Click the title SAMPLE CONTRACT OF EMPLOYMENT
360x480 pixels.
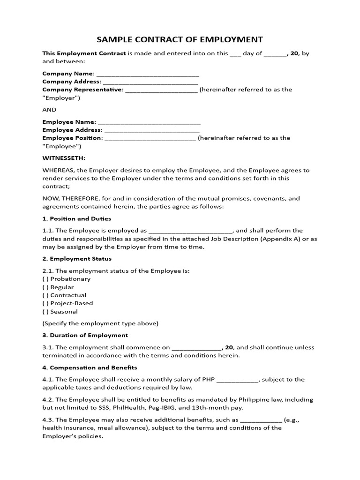coord(180,39)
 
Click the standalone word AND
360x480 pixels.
coord(49,110)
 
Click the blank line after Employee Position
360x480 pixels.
coord(150,139)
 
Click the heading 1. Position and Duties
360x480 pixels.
coord(77,219)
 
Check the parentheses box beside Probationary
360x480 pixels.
coord(45,279)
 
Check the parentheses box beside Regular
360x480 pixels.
coord(45,287)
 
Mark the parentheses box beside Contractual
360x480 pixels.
coord(45,295)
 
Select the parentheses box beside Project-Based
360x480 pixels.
coord(45,303)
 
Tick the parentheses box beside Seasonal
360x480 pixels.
coord(45,311)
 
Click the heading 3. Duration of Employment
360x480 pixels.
coord(85,335)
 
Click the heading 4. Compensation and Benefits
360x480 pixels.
coord(90,367)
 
